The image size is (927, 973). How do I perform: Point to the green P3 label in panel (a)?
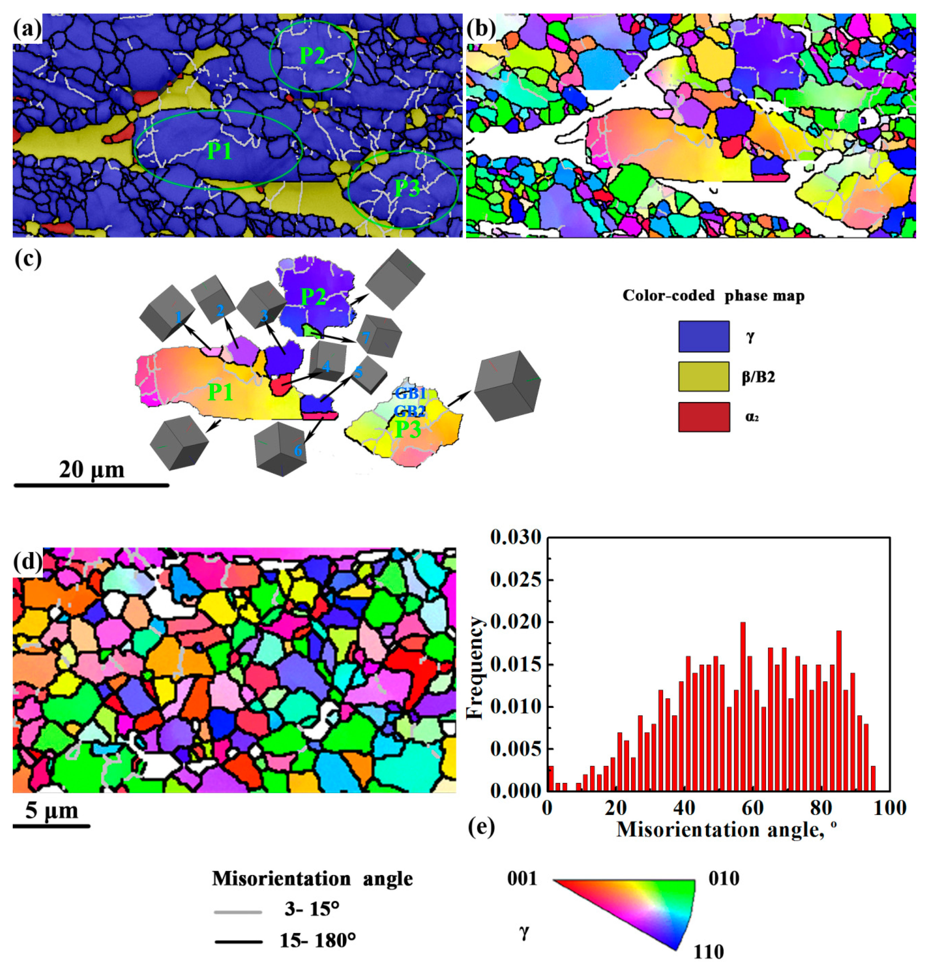coord(408,188)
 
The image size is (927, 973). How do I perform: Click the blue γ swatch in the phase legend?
coord(704,336)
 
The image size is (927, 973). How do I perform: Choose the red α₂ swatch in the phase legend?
coord(704,417)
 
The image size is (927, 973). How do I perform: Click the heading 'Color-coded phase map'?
coord(713,296)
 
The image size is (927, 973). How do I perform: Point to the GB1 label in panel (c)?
coord(410,394)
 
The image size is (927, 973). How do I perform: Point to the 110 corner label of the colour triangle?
coord(709,952)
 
